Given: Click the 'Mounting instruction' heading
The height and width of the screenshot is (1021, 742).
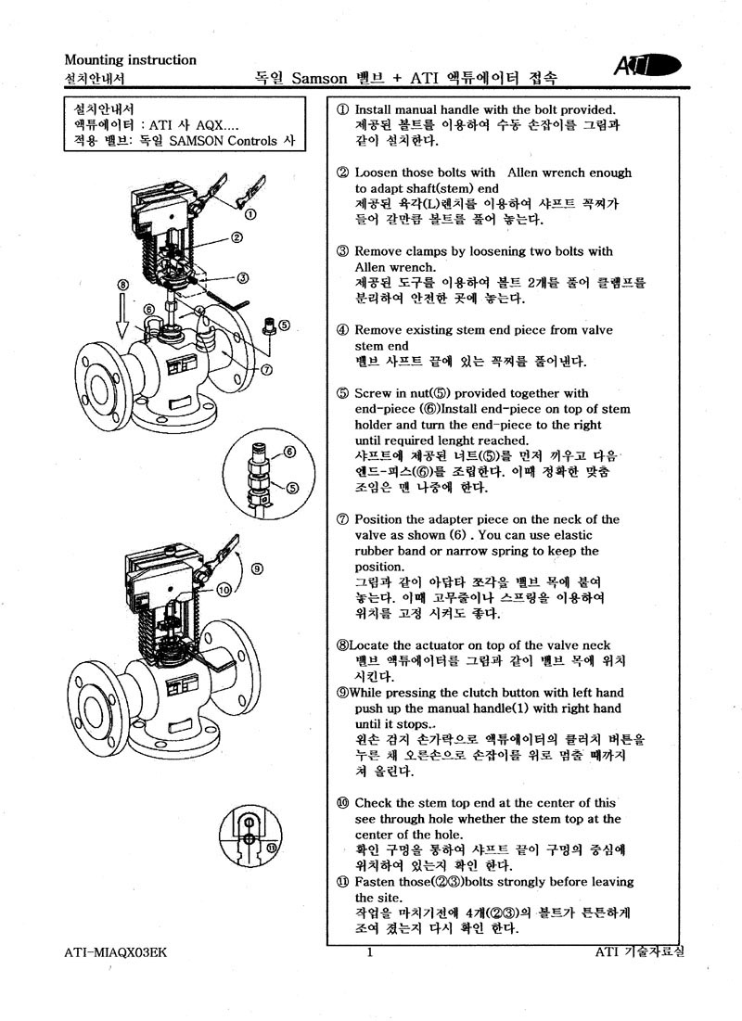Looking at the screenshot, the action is pyautogui.click(x=130, y=60).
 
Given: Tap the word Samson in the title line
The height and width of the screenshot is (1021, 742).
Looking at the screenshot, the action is pyautogui.click(x=319, y=79).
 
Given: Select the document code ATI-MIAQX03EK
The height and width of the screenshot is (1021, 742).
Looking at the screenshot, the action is pyautogui.click(x=115, y=952).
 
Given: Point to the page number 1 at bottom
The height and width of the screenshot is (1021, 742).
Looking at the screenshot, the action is pyautogui.click(x=370, y=952).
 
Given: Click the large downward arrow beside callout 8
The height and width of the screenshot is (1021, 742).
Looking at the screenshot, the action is pyautogui.click(x=122, y=316).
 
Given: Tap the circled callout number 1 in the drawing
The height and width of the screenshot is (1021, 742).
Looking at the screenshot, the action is pyautogui.click(x=249, y=214).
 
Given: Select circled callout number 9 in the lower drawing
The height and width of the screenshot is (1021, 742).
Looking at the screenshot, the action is pyautogui.click(x=257, y=568).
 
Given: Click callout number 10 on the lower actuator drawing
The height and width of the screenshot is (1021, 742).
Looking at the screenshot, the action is pyautogui.click(x=224, y=590).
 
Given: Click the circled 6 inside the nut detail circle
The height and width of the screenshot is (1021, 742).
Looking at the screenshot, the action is pyautogui.click(x=290, y=452).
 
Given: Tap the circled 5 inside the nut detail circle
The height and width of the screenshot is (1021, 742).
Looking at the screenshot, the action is pyautogui.click(x=292, y=488).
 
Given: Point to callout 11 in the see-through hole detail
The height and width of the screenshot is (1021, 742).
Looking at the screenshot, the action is pyautogui.click(x=272, y=848).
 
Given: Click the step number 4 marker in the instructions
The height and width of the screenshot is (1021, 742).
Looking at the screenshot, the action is pyautogui.click(x=342, y=330).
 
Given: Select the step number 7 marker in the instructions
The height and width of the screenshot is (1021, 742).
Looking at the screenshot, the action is pyautogui.click(x=342, y=519).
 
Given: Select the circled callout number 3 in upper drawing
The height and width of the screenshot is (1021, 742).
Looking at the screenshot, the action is pyautogui.click(x=242, y=278).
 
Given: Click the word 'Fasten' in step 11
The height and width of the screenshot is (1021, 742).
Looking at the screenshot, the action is pyautogui.click(x=373, y=882).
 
